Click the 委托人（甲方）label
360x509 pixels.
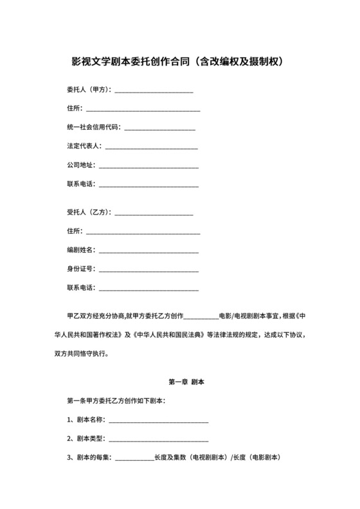[89, 89]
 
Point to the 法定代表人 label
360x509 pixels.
[84, 147]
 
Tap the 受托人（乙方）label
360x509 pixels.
[89, 212]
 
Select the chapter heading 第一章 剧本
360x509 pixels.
[186, 382]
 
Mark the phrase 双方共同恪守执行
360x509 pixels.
[89, 353]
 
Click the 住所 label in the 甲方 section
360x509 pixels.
[74, 109]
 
